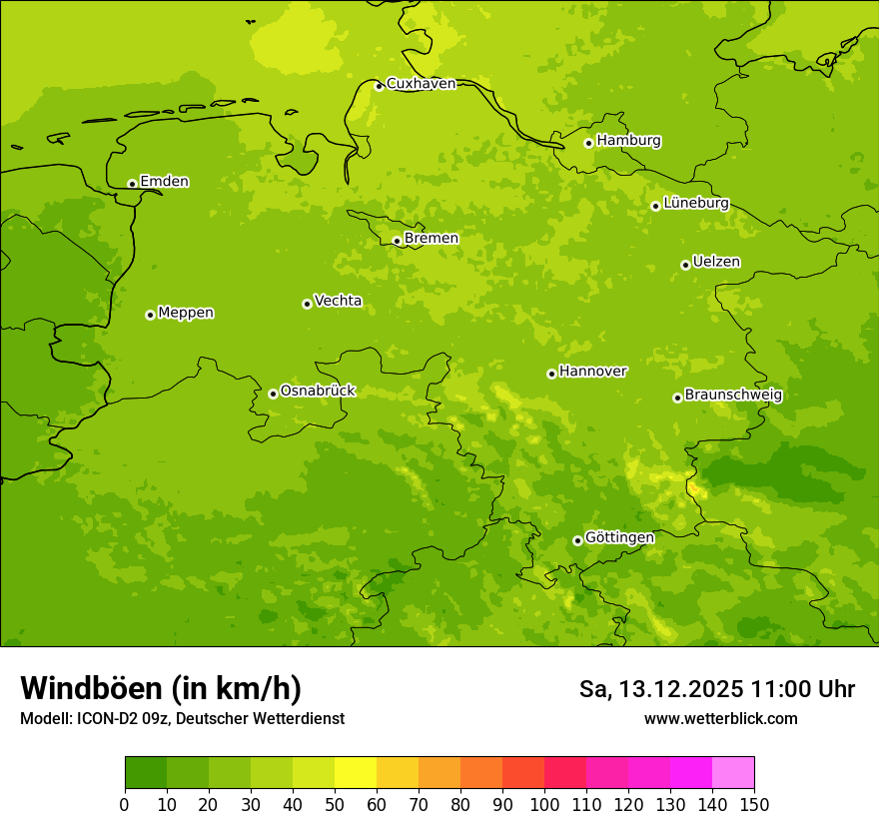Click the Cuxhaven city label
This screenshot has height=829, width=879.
(x=421, y=84)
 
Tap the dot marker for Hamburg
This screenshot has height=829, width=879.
(x=589, y=143)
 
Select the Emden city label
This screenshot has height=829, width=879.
(x=164, y=182)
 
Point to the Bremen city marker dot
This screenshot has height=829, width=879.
(x=397, y=241)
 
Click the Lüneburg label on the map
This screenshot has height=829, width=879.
(x=696, y=203)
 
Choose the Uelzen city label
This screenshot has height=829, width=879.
(x=716, y=262)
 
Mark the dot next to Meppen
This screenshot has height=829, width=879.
(x=150, y=315)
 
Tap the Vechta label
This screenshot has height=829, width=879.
(x=338, y=301)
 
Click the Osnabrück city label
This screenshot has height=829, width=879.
(x=318, y=391)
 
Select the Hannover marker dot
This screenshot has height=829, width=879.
(x=551, y=374)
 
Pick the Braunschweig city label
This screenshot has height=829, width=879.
(x=733, y=395)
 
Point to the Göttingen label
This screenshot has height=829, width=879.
(x=619, y=537)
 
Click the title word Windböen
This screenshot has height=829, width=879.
(x=90, y=688)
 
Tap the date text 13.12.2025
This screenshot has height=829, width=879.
(x=680, y=689)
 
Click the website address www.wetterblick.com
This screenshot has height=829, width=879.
(x=720, y=718)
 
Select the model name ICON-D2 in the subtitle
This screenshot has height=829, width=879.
(x=109, y=718)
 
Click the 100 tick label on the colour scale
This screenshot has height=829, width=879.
(x=544, y=803)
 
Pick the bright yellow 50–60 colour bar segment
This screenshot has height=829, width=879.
(x=356, y=773)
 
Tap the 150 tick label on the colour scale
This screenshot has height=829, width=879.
(x=754, y=803)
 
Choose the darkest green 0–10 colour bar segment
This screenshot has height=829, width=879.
(x=146, y=773)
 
